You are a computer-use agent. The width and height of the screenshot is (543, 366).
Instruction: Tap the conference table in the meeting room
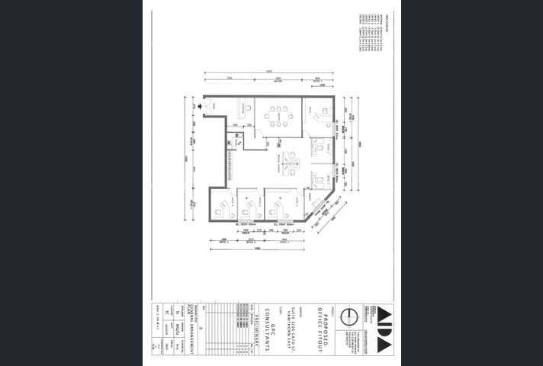click(278, 117)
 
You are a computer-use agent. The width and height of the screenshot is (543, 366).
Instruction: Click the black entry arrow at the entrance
click(200, 108)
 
